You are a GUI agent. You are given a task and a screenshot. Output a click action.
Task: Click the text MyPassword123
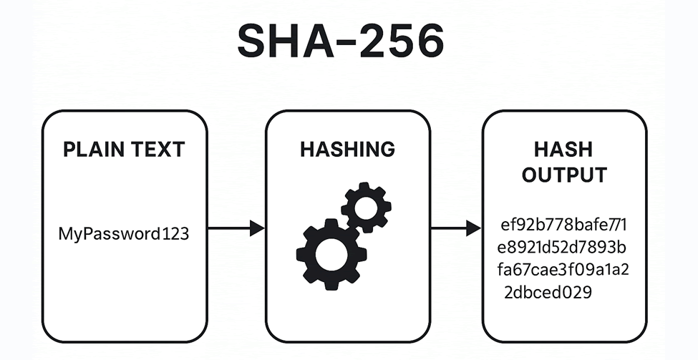(x=124, y=233)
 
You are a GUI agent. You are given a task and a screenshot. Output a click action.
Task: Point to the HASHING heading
(x=347, y=150)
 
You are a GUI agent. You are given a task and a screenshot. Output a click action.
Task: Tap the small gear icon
(x=367, y=207)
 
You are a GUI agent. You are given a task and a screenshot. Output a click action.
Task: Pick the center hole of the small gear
(x=367, y=207)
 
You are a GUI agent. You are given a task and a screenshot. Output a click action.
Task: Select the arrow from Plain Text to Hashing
(x=236, y=229)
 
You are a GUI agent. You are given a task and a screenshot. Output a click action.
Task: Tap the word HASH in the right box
(x=563, y=150)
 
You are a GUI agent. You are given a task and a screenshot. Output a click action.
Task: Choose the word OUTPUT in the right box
(x=563, y=175)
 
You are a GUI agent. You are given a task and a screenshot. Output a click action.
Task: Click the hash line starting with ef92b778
(x=564, y=226)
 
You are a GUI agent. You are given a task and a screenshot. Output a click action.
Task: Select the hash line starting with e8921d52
(x=564, y=248)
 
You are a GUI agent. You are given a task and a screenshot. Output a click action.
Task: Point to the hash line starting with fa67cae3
(x=564, y=270)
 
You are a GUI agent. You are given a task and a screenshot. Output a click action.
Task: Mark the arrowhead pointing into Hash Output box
(x=473, y=229)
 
